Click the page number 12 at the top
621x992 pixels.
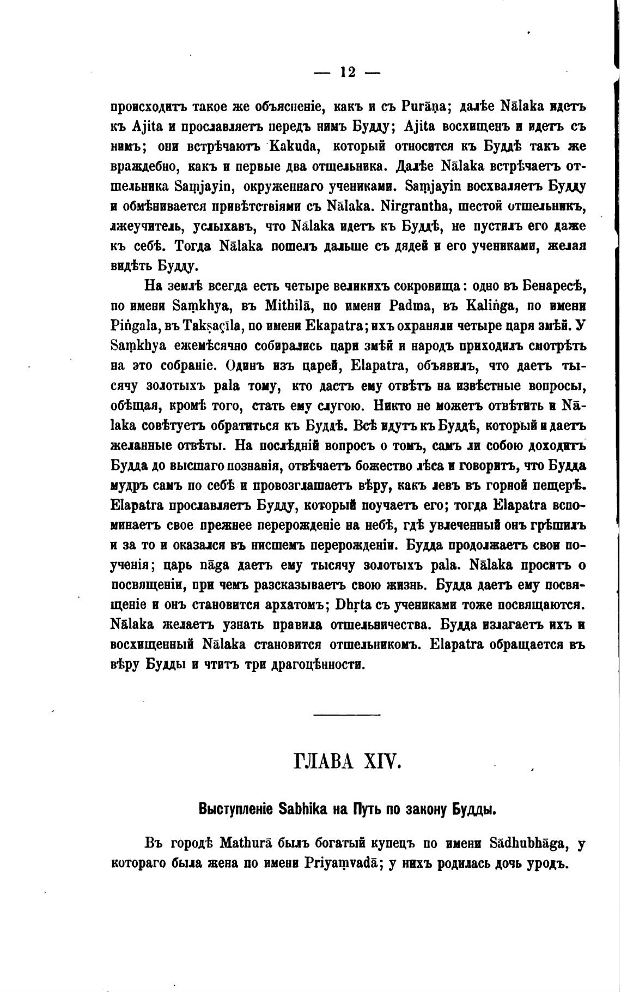[348, 72]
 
